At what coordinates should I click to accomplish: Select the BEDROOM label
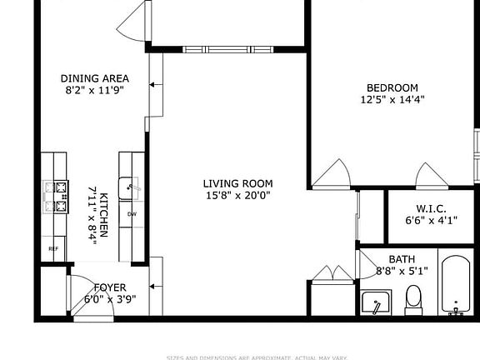(392, 87)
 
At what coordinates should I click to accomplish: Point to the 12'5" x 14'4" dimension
(392, 100)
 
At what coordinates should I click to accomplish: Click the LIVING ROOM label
(237, 183)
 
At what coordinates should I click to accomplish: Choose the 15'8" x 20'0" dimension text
(237, 196)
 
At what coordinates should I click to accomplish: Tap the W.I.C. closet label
(427, 208)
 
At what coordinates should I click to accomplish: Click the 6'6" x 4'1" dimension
(427, 221)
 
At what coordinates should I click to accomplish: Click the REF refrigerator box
(53, 248)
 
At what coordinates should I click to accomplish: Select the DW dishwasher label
(132, 214)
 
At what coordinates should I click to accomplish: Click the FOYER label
(110, 287)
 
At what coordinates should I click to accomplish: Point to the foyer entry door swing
(83, 292)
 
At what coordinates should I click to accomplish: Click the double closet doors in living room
(332, 274)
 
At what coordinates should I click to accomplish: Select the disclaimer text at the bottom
(257, 357)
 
